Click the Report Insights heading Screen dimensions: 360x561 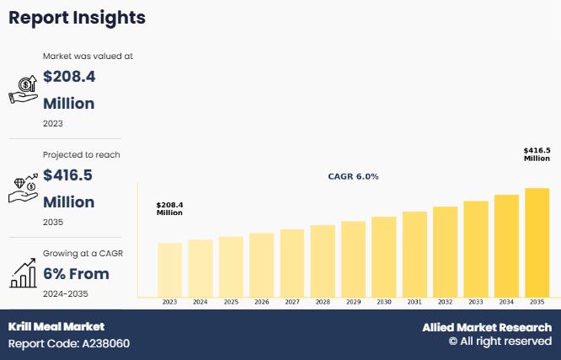77,17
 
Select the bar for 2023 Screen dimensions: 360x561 169,270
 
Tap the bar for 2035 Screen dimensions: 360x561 537,243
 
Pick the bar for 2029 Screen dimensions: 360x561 353,259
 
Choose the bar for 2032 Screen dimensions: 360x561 445,251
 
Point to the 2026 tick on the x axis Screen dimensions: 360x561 261,302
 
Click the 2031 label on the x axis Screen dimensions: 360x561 414,302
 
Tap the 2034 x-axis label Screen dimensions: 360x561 506,302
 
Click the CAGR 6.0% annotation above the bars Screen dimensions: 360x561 353,177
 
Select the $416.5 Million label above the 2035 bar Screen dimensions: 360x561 537,154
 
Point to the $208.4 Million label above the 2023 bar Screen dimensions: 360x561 169,208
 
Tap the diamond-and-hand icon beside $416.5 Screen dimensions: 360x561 23,188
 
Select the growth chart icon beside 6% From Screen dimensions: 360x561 23,273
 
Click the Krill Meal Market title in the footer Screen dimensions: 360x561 56,326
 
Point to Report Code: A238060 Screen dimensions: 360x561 69,343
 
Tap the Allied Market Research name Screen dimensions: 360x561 487,327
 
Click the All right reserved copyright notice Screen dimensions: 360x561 500,341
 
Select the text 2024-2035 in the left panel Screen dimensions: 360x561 66,293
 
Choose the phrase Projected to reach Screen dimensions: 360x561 82,155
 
